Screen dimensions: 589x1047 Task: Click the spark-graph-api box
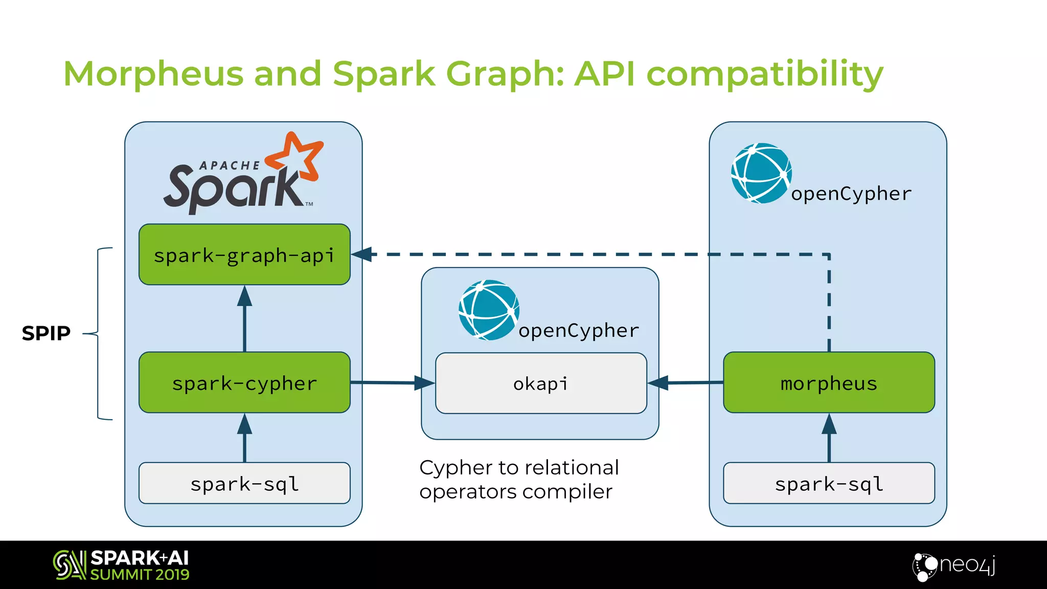coord(244,255)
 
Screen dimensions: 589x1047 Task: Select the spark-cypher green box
coord(244,382)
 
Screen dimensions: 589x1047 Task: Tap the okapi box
coord(541,383)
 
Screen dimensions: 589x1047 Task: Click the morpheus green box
coord(829,382)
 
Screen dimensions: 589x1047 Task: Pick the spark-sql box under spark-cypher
coord(244,483)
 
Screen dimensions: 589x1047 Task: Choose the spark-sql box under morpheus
coord(829,483)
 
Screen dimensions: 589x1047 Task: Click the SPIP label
coord(46,333)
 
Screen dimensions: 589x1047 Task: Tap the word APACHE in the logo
coord(230,166)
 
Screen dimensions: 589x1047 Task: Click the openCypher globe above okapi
coord(489,310)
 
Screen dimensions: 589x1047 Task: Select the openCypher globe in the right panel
coord(761,173)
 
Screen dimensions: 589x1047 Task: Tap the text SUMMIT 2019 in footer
coord(140,575)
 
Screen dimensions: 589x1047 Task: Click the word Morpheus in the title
coord(153,74)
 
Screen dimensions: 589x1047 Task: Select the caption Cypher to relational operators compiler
coord(518,480)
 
